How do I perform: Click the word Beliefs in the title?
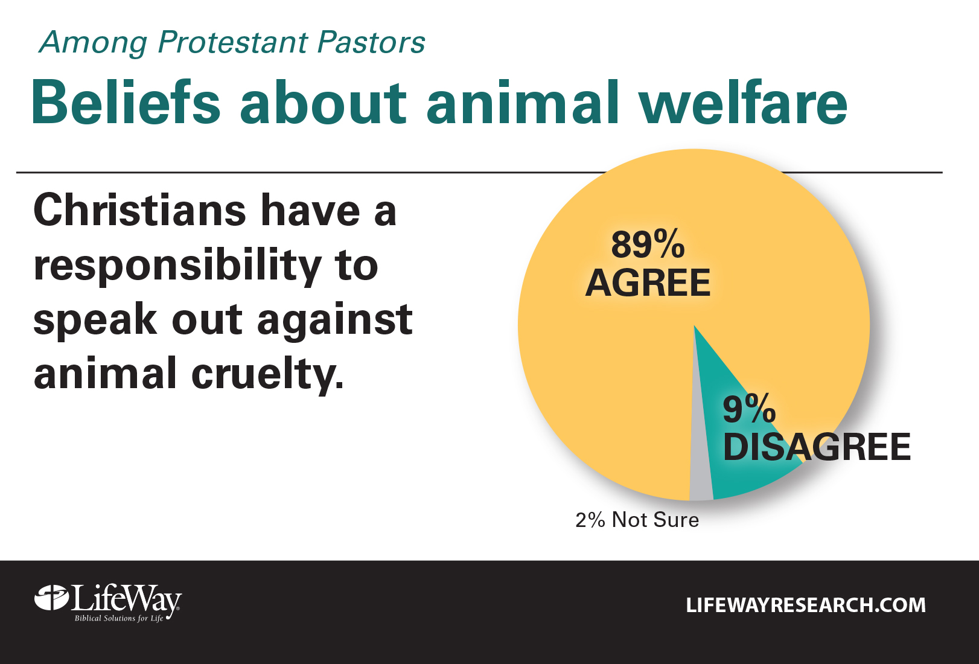click(126, 102)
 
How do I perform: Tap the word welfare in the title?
click(744, 102)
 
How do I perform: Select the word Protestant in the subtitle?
click(233, 42)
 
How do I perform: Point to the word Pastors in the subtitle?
click(371, 42)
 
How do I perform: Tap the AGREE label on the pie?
click(648, 283)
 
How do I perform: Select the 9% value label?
click(749, 408)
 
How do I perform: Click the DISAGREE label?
click(817, 447)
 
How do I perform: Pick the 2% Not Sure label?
click(637, 520)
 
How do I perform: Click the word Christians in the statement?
click(140, 211)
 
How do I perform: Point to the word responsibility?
click(177, 266)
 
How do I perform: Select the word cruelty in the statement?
click(267, 374)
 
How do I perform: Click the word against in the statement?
click(335, 321)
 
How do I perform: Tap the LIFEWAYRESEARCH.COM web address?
click(806, 605)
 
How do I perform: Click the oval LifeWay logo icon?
click(51, 598)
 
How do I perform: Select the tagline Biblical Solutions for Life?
click(119, 618)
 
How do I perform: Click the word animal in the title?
click(523, 102)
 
